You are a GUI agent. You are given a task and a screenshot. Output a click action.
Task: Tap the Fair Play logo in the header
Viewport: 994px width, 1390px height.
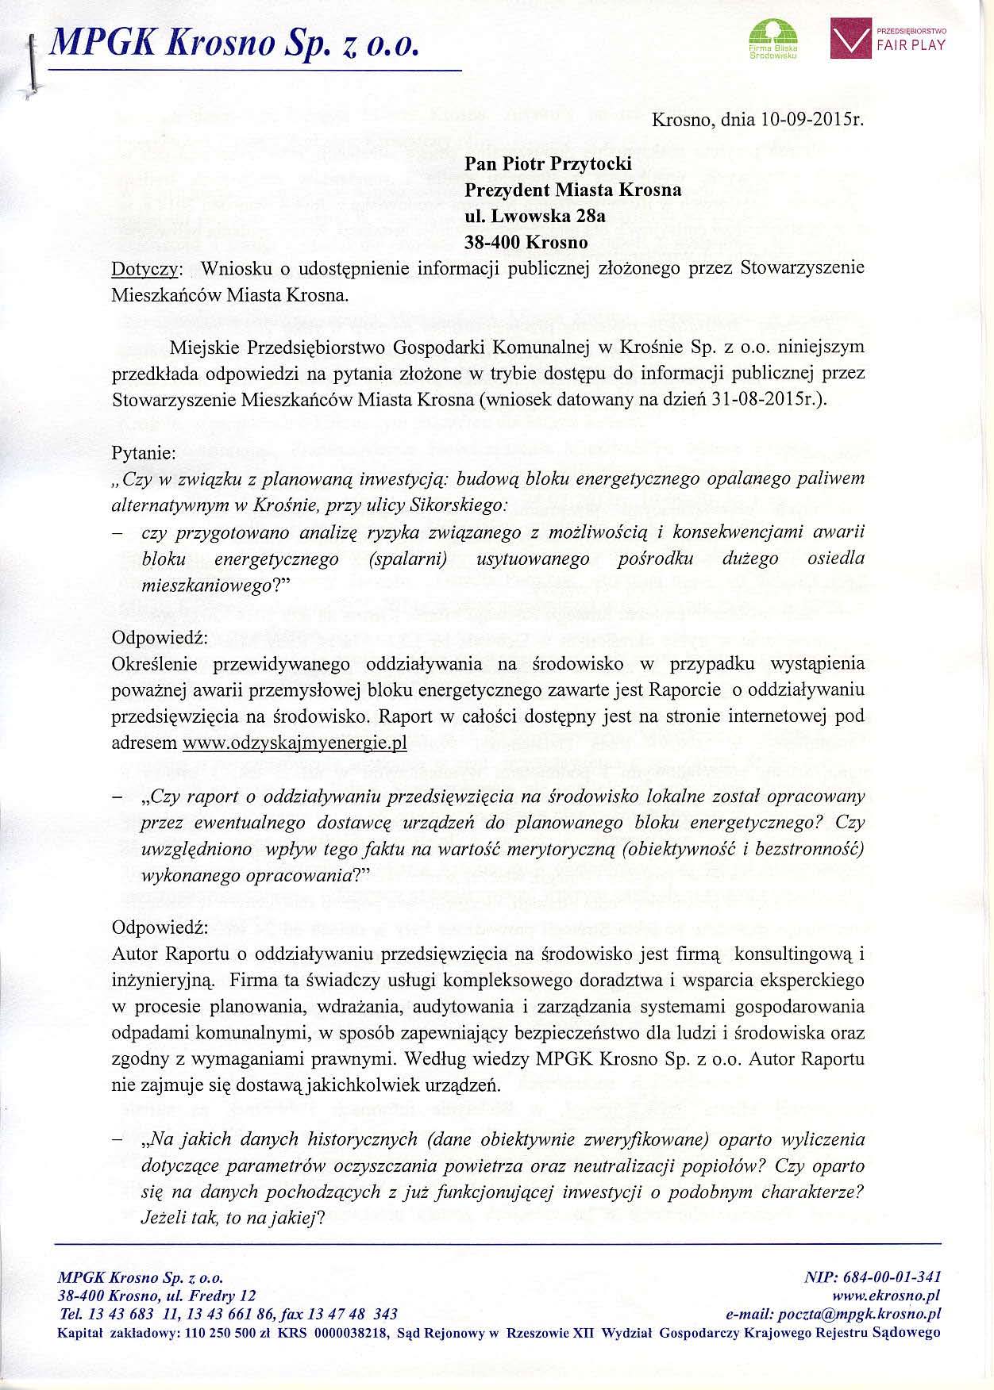pyautogui.click(x=888, y=38)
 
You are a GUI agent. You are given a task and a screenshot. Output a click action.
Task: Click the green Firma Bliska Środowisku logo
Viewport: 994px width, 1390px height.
pyautogui.click(x=773, y=40)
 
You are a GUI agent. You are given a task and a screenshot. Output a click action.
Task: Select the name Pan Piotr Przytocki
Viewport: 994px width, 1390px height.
pyautogui.click(x=548, y=164)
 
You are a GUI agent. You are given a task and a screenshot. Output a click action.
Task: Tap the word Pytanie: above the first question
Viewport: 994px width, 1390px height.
pyautogui.click(x=144, y=454)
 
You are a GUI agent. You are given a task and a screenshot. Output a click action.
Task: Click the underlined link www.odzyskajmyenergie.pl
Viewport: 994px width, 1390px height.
pyautogui.click(x=295, y=744)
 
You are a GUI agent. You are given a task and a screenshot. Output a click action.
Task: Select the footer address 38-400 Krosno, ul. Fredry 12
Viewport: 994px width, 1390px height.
pyautogui.click(x=157, y=1296)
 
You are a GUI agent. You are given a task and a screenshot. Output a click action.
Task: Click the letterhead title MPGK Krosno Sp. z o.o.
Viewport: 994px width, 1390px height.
pyautogui.click(x=233, y=41)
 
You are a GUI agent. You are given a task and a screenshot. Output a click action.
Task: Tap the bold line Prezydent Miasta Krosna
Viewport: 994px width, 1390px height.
pyautogui.click(x=572, y=190)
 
